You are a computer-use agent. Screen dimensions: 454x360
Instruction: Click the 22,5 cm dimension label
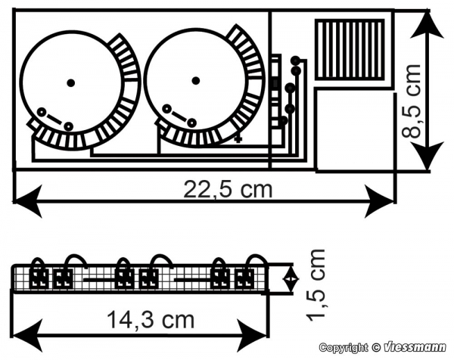point(229,189)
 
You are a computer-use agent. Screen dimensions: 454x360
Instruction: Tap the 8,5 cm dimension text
point(411,101)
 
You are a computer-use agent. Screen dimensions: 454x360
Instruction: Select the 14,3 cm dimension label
point(151,319)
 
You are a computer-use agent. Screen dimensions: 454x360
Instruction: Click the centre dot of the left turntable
point(70,83)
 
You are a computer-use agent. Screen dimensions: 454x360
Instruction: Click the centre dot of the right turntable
point(196,80)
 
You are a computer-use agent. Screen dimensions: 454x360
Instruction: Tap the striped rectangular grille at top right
point(350,50)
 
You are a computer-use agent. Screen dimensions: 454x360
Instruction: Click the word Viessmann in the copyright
point(415,347)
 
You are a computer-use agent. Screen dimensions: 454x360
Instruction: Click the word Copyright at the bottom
point(343,348)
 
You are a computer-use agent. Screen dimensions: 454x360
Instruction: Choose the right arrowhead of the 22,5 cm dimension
point(380,201)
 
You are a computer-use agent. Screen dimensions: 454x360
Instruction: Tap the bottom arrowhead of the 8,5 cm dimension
point(428,156)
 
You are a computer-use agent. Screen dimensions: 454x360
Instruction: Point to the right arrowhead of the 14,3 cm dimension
point(251,336)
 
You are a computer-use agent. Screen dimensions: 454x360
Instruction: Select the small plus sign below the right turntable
point(238,140)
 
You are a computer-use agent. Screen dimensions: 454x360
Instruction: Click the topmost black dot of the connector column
point(295,61)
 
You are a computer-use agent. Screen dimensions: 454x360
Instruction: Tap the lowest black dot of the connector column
point(284,120)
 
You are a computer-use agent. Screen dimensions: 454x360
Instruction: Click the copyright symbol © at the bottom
point(376,347)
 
